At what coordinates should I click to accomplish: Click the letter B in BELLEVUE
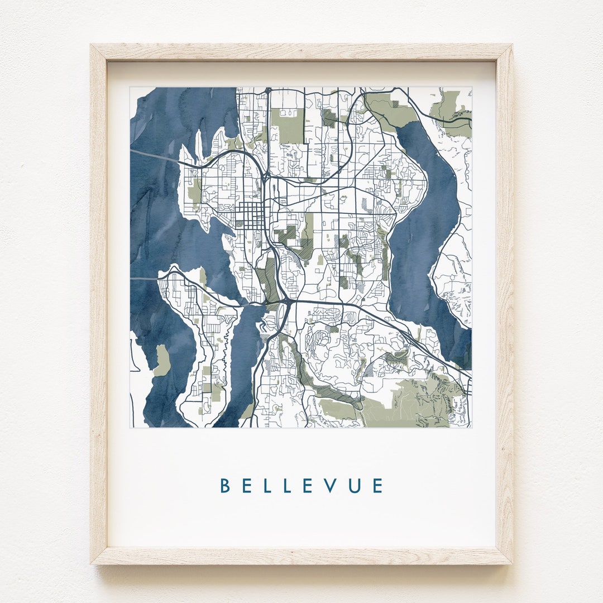(225, 486)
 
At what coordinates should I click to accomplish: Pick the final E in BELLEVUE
(378, 486)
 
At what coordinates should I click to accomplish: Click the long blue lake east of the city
(424, 234)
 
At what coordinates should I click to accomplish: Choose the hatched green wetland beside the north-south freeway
(271, 279)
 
